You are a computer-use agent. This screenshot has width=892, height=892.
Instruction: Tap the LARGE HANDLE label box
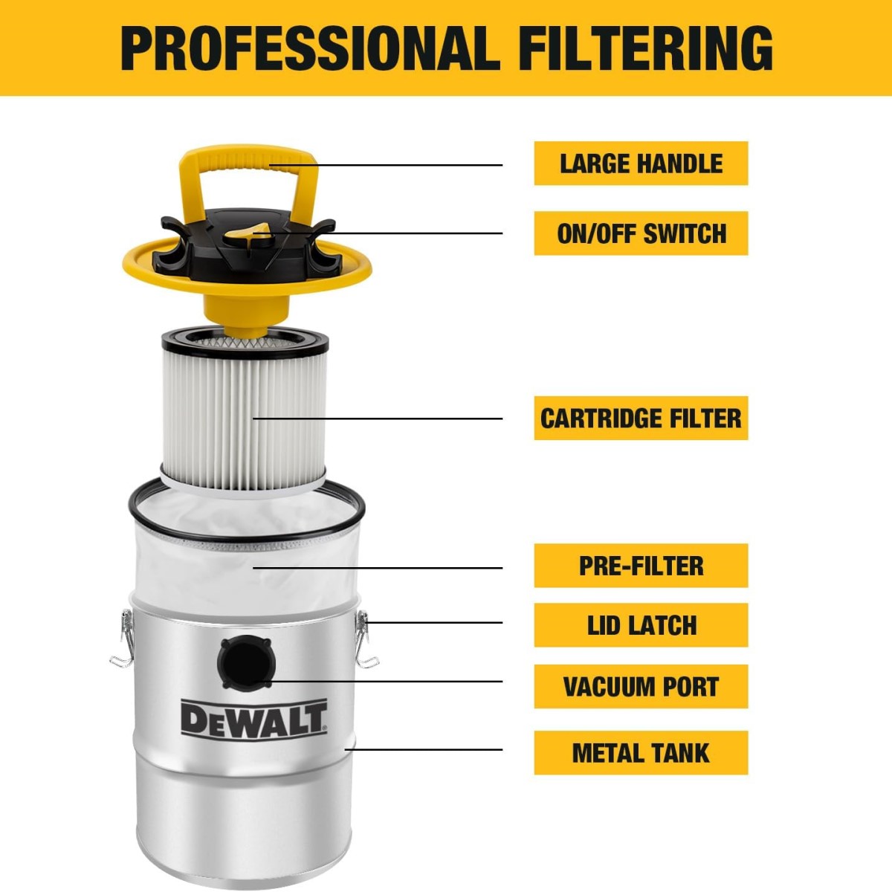641,164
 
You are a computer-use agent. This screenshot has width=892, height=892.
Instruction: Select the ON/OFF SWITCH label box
641,233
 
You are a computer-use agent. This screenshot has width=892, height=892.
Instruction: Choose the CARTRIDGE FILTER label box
641,418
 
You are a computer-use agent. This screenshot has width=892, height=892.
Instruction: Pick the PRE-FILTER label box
641,566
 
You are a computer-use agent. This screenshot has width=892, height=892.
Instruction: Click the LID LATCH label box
641,625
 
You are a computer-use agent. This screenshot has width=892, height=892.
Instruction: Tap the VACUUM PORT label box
641,687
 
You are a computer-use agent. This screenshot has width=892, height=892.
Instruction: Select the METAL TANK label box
641,753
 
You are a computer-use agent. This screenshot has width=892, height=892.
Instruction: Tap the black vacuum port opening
246,663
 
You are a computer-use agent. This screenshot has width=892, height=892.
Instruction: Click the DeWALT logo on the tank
253,720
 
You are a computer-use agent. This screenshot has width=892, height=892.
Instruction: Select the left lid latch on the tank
123,639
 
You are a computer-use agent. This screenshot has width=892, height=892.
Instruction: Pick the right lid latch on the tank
366,639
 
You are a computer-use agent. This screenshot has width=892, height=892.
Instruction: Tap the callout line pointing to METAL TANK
423,749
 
